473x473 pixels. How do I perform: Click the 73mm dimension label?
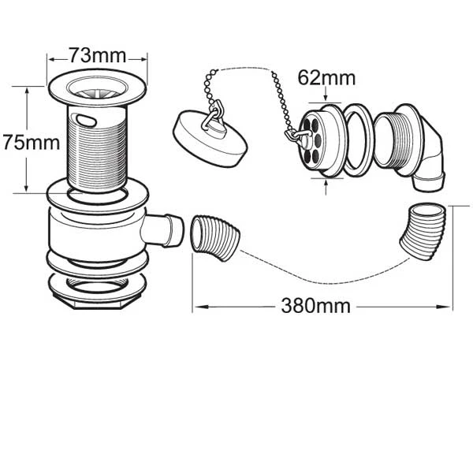point(97,55)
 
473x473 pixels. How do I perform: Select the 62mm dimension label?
point(326,79)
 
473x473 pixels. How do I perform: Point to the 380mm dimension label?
point(315,306)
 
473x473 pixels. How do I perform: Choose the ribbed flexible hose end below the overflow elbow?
point(426,229)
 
